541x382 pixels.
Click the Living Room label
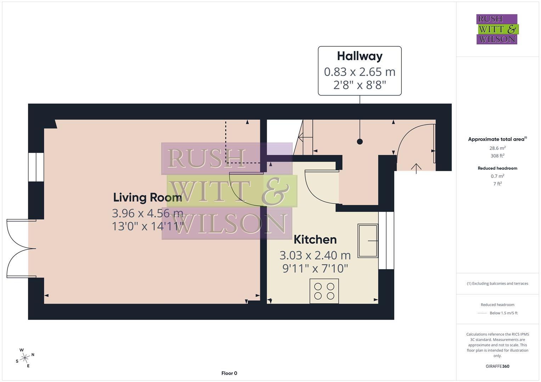pyautogui.click(x=147, y=197)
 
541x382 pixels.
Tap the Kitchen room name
pyautogui.click(x=315, y=239)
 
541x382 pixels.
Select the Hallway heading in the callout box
pyautogui.click(x=360, y=56)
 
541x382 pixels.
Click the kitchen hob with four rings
pyautogui.click(x=324, y=291)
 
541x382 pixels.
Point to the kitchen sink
pyautogui.click(x=368, y=241)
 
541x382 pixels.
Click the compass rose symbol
pyautogui.click(x=25, y=358)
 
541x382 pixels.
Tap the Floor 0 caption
pyautogui.click(x=229, y=373)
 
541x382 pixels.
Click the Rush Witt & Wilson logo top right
pyautogui.click(x=497, y=29)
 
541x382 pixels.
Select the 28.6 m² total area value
pyautogui.click(x=497, y=148)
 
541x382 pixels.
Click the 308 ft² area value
pyautogui.click(x=497, y=156)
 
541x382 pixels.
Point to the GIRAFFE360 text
pyautogui.click(x=497, y=366)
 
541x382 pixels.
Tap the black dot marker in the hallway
pyautogui.click(x=360, y=142)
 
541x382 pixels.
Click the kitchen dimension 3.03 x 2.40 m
pyautogui.click(x=315, y=255)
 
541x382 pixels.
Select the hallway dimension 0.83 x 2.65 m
pyautogui.click(x=360, y=72)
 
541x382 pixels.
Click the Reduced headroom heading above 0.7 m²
pyautogui.click(x=497, y=168)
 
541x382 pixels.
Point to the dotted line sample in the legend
pyautogui.click(x=482, y=313)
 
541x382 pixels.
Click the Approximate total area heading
pyautogui.click(x=496, y=139)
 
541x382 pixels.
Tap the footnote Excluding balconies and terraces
pyautogui.click(x=497, y=284)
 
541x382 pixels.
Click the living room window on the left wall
pyautogui.click(x=36, y=167)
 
